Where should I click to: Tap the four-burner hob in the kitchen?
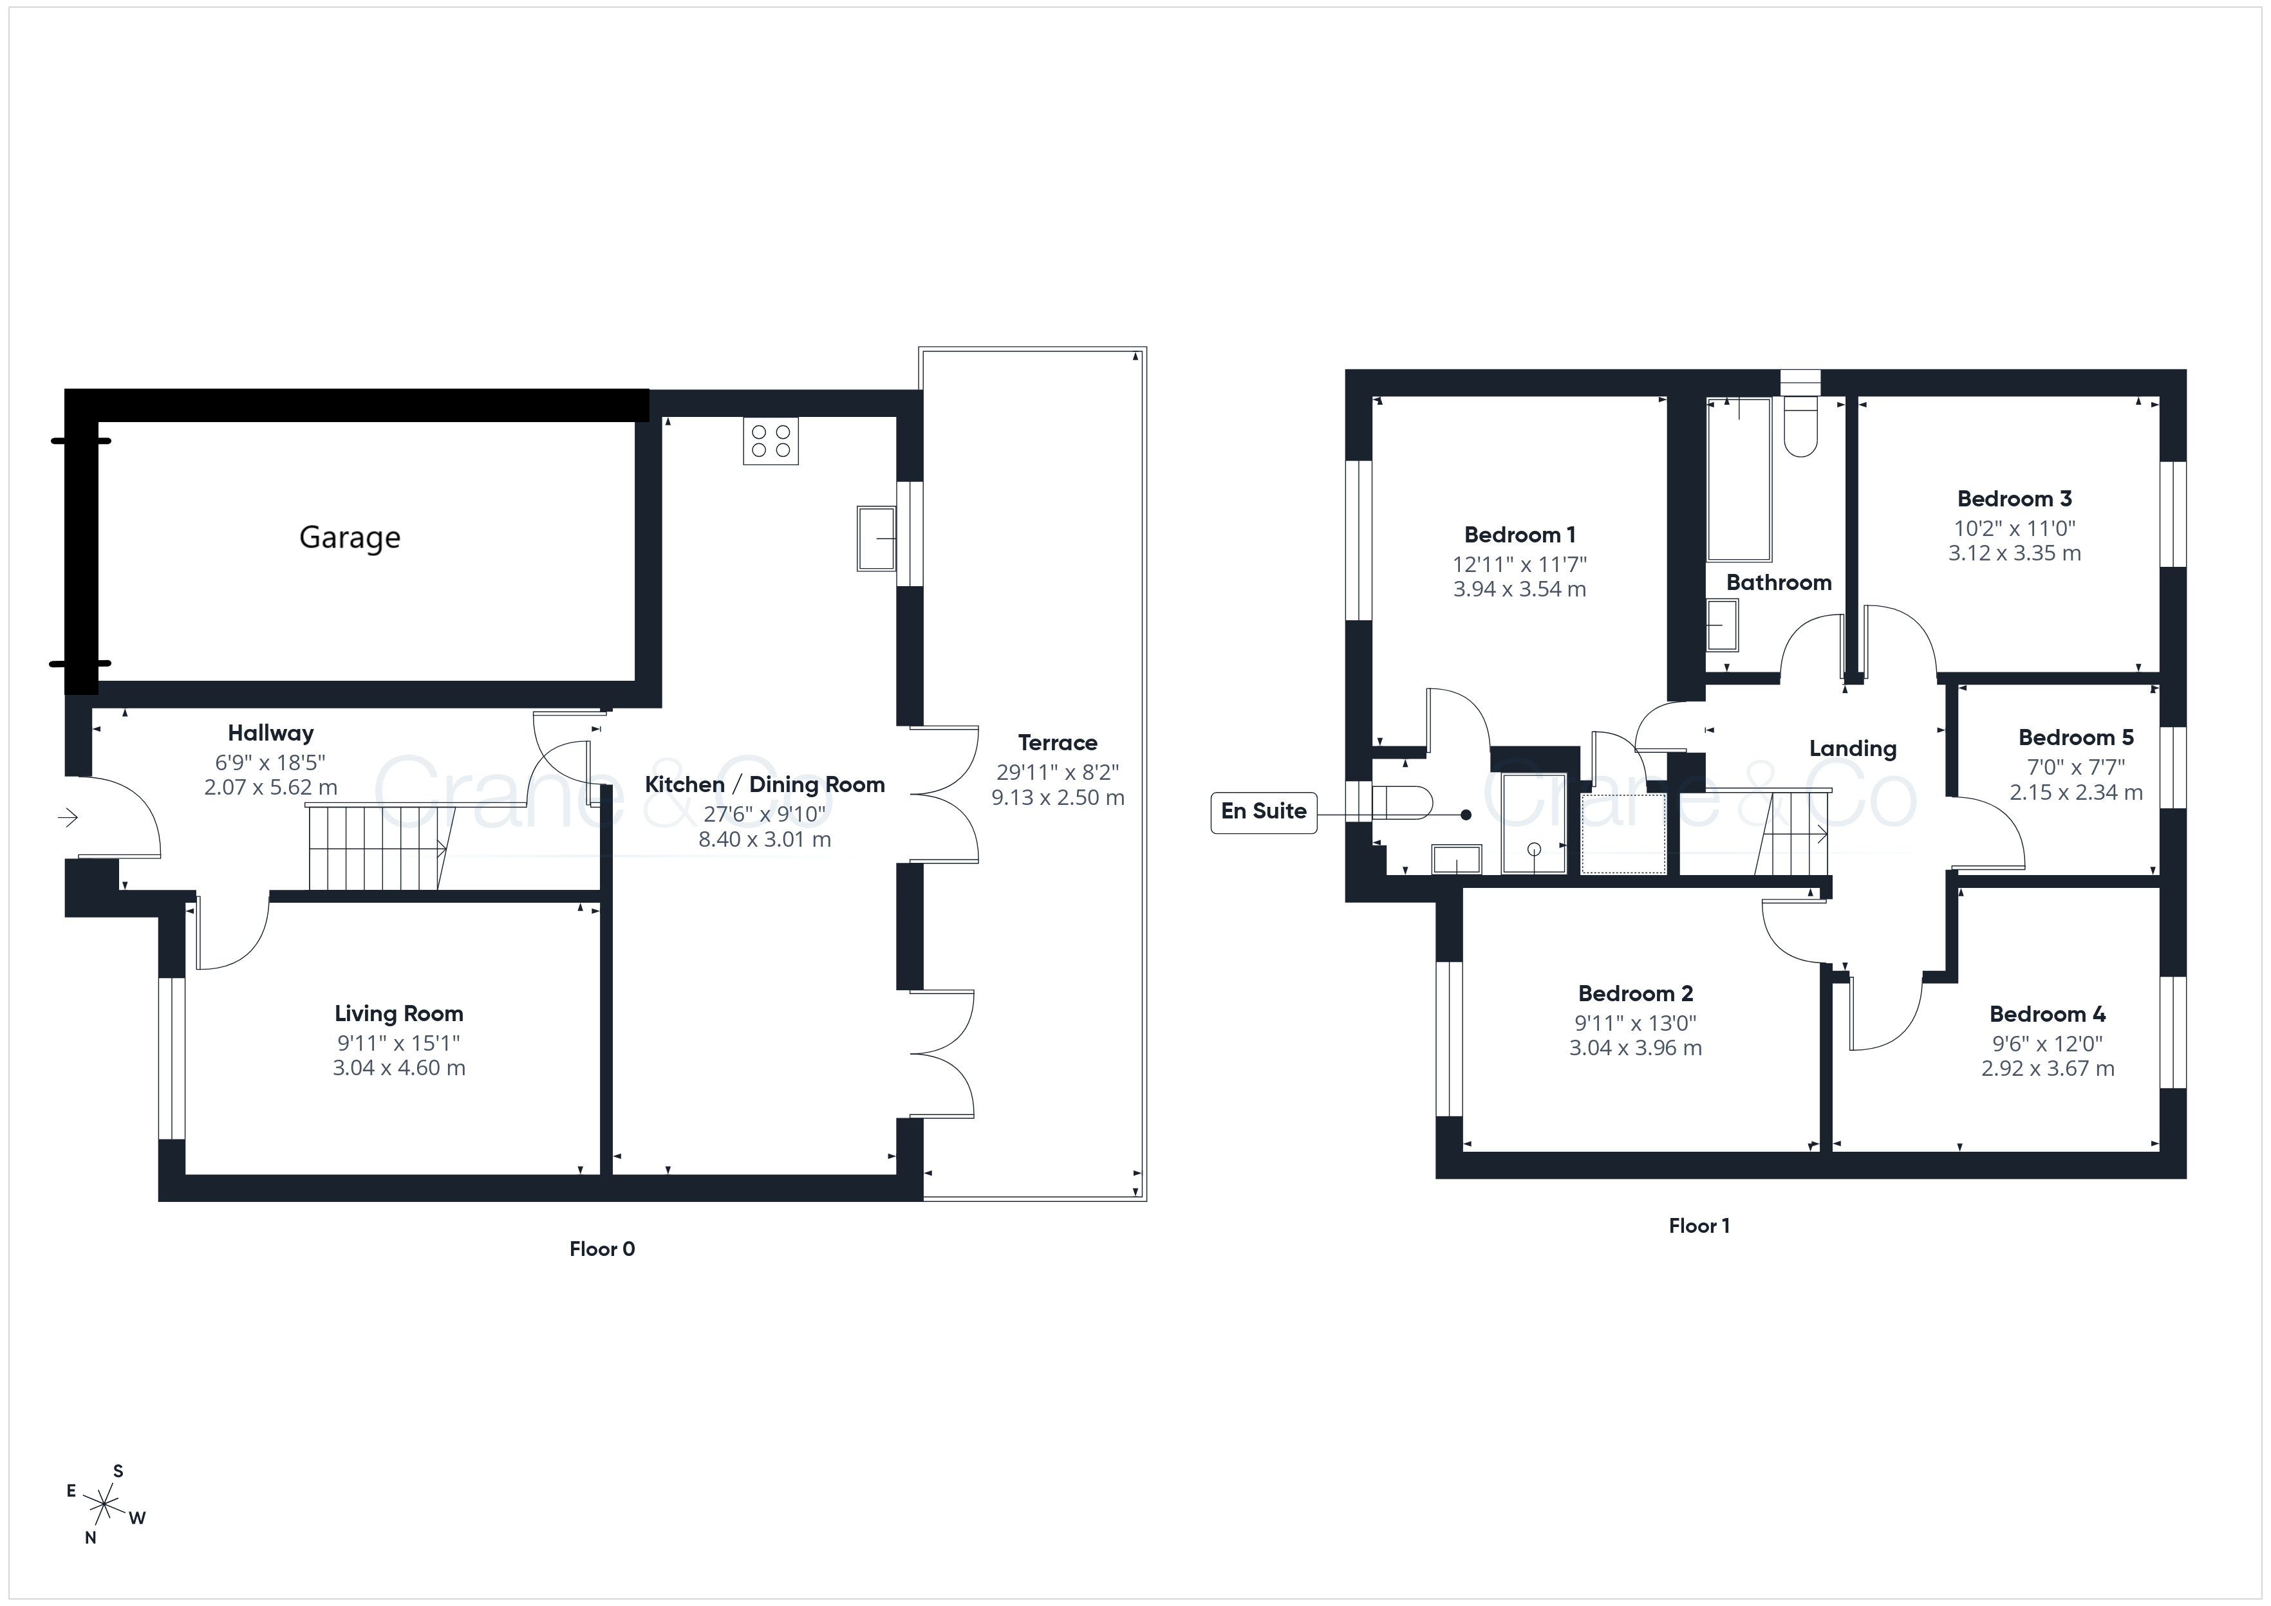(771, 441)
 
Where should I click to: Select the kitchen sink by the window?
(876, 539)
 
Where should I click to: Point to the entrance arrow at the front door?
(68, 818)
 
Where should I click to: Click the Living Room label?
(398, 1013)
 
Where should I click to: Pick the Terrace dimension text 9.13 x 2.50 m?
(1058, 798)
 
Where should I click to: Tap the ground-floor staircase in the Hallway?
(377, 847)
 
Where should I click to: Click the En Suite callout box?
(1263, 812)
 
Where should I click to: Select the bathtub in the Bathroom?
(1739, 479)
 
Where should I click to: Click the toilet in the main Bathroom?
(1800, 426)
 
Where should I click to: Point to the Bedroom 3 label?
(2014, 499)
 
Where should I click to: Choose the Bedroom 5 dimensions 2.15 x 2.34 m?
(2075, 792)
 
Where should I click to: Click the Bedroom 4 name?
(2048, 1015)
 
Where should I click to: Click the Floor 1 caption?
(1699, 1226)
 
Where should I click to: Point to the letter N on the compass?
(90, 1538)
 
